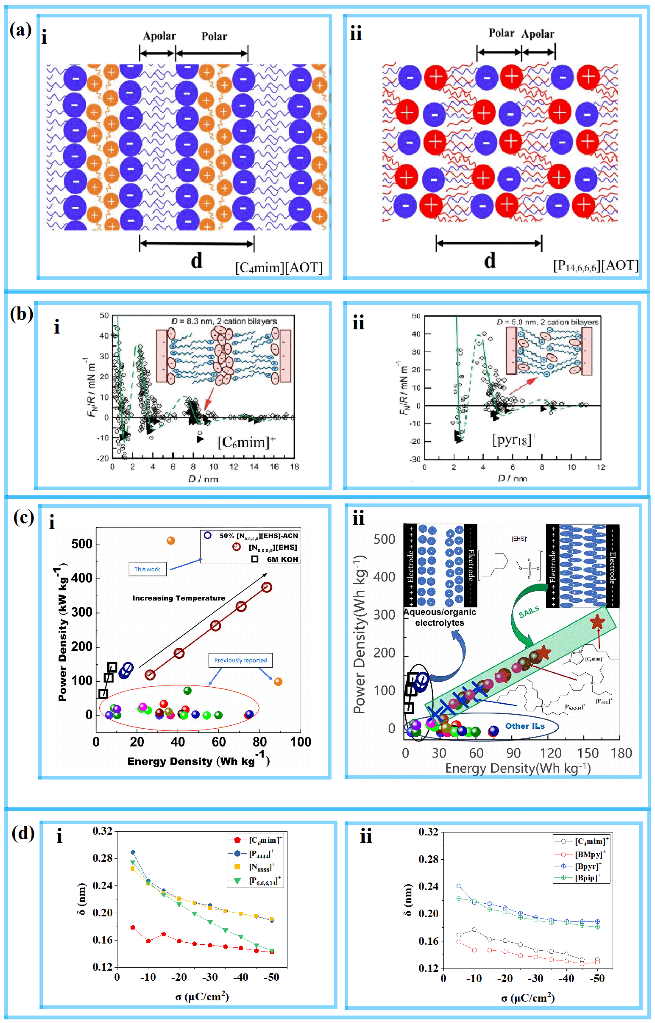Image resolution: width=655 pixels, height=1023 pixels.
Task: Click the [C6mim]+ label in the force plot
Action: tap(247, 442)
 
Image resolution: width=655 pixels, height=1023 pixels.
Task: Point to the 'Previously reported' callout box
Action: tap(240, 660)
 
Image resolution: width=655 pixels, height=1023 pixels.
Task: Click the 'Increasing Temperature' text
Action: tap(179, 598)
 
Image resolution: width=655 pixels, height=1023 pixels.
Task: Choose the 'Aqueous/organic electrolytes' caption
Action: tap(440, 617)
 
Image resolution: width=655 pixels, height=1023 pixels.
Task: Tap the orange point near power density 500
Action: tap(170, 541)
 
